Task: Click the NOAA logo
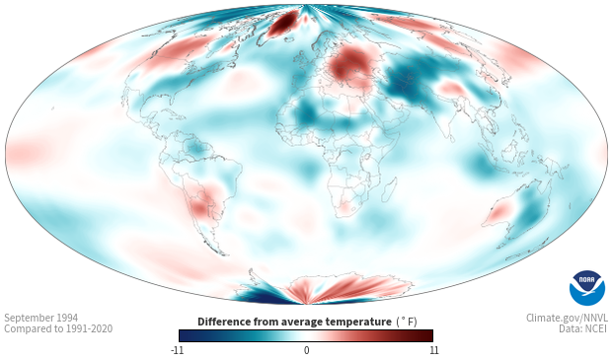click(x=586, y=288)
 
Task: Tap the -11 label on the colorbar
click(x=177, y=350)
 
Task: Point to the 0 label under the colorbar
click(x=306, y=350)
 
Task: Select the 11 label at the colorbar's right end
click(x=433, y=350)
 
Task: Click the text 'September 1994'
click(x=41, y=318)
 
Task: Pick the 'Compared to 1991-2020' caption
click(x=58, y=328)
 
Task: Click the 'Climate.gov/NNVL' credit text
click(x=567, y=318)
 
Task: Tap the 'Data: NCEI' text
click(x=582, y=328)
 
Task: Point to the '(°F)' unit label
click(x=407, y=322)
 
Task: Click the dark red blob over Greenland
click(x=283, y=23)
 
